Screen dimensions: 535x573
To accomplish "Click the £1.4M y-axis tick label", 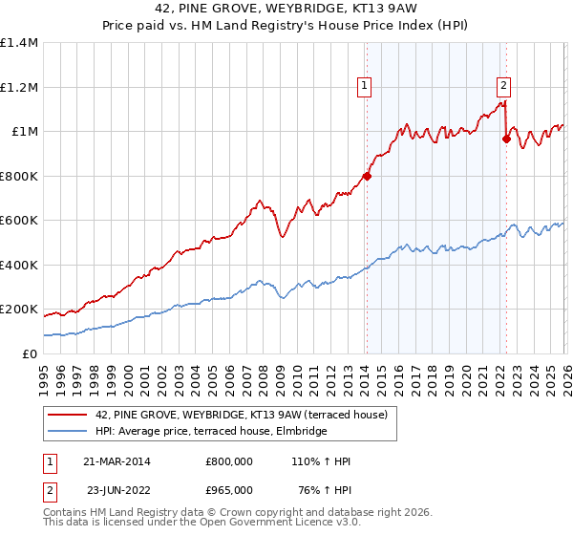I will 19,43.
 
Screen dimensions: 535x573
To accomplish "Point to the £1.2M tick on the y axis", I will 19,87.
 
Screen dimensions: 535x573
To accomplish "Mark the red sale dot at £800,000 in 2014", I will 367,176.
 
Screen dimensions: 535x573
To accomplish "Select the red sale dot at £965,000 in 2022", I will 506,139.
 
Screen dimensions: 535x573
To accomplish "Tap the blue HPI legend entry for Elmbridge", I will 211,432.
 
